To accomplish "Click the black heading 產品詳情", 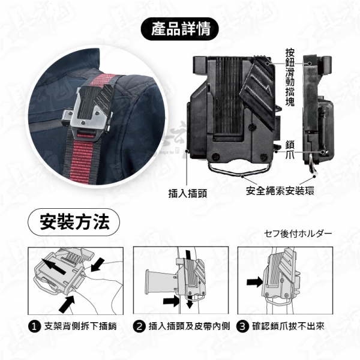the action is click(181, 29).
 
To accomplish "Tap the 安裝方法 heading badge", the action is click(74, 222).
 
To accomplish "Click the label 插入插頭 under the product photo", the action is click(188, 193).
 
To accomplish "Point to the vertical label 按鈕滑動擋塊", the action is click(290, 77).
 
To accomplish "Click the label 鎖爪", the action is click(290, 150).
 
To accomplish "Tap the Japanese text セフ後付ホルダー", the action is click(298, 234).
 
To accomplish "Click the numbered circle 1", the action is click(34, 327).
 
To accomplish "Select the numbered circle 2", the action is click(139, 327).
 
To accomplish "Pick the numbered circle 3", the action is click(242, 327).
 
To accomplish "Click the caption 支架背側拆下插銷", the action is click(80, 326).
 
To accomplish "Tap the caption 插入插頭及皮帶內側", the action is click(189, 326).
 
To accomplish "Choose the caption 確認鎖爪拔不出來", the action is click(288, 326).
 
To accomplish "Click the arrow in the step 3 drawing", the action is click(254, 282).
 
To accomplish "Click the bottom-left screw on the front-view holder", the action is click(216, 157).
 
